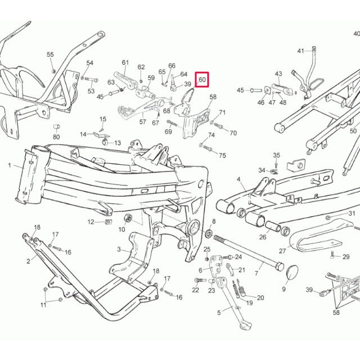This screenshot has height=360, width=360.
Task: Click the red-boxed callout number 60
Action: (202, 80)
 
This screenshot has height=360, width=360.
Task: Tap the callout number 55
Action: (51, 55)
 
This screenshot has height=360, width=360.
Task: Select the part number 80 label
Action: (56, 137)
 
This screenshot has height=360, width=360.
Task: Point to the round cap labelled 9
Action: (292, 273)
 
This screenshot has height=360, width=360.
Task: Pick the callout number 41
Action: (300, 51)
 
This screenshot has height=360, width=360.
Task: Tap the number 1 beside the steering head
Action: (10, 165)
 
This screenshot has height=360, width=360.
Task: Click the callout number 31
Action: (352, 214)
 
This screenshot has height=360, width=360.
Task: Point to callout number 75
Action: (222, 155)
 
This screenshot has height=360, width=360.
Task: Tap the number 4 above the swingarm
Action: (238, 179)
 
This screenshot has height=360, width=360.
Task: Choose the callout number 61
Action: (125, 62)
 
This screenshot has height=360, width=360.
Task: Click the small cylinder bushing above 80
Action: (57, 124)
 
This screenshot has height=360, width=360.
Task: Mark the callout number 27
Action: (282, 251)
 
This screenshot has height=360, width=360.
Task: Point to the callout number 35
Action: (276, 155)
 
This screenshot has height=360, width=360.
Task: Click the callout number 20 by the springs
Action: (260, 298)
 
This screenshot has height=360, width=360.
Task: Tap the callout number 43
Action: (278, 74)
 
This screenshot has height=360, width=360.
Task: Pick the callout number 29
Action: (346, 256)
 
